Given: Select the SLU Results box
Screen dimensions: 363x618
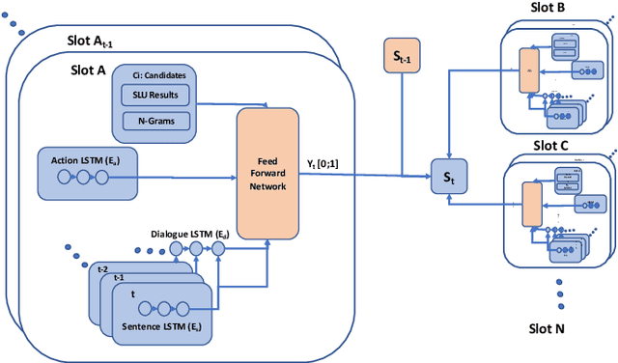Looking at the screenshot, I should [154, 97].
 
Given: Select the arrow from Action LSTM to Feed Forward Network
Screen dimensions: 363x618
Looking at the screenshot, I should [187, 177].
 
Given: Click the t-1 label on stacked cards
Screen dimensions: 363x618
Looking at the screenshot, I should [118, 276].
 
